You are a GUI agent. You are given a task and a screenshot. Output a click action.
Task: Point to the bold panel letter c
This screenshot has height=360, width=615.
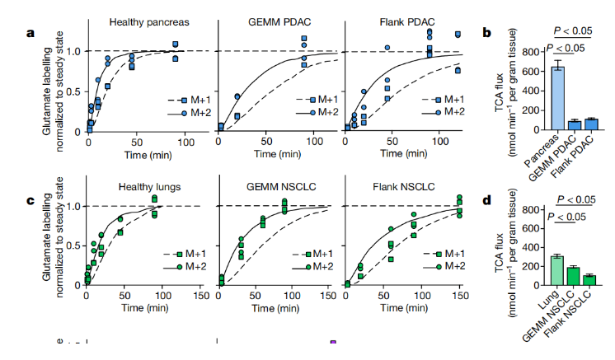click(30, 200)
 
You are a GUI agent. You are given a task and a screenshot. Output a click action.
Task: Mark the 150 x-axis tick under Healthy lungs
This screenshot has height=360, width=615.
click(200, 297)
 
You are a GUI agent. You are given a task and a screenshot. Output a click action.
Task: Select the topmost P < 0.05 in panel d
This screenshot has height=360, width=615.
click(574, 200)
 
